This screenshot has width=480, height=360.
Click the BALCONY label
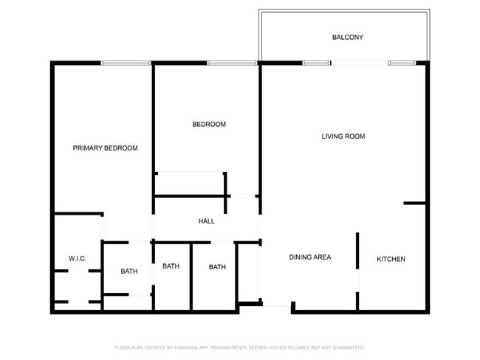click(x=347, y=37)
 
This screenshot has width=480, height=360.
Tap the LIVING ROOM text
click(x=343, y=136)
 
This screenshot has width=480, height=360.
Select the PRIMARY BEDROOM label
click(x=105, y=148)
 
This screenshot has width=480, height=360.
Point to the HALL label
click(x=206, y=221)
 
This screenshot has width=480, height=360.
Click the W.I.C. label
click(x=78, y=259)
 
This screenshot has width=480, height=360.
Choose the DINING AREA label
click(x=309, y=257)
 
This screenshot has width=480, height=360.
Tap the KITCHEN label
click(x=391, y=259)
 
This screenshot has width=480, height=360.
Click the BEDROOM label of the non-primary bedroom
click(x=209, y=124)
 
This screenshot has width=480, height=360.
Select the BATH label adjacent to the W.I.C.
click(x=129, y=271)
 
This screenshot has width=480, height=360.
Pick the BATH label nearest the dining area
click(x=217, y=267)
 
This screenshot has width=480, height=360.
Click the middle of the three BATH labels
click(x=171, y=266)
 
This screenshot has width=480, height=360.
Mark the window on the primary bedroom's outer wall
click(x=126, y=63)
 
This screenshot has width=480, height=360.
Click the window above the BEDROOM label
click(x=232, y=63)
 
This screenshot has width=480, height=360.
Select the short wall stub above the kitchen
click(x=414, y=203)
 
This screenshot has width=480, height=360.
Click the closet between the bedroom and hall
click(x=190, y=184)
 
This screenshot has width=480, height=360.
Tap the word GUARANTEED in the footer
click(x=347, y=347)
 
